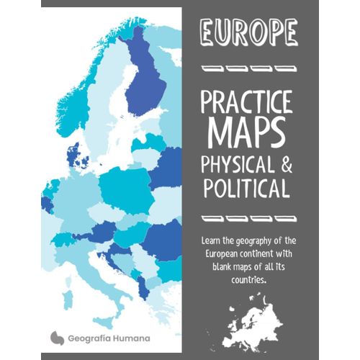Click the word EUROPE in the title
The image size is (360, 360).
248,32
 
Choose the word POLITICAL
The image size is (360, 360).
248,191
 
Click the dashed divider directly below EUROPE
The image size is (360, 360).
248,69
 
